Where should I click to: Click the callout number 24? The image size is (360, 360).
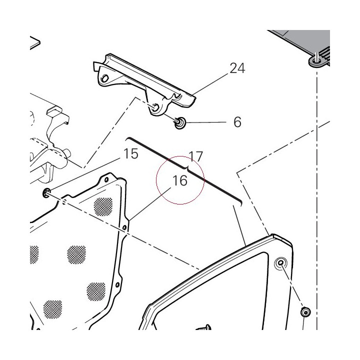pos(237,68)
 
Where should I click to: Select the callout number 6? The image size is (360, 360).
pos(237,122)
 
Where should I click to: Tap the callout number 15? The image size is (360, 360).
pos(131,153)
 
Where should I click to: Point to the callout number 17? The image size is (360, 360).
pos(196,156)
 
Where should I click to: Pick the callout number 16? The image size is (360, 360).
pos(180,180)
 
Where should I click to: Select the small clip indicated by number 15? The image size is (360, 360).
pos(46,192)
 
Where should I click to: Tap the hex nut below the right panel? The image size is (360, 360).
pos(305,312)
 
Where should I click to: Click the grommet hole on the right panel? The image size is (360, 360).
pos(280,262)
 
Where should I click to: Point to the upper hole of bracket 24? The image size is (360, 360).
pos(104,78)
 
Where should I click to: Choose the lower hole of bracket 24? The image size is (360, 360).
pos(155,107)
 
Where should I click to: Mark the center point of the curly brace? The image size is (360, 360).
pos(188,167)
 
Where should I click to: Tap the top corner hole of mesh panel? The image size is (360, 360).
pos(106,179)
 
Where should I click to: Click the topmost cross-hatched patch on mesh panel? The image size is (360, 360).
pos(103,206)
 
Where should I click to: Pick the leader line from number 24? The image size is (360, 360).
pos(211,83)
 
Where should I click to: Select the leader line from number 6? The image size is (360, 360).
pos(205,122)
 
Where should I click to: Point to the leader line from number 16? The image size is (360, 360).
pos(150,204)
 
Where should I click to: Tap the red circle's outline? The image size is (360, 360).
pos(180,156)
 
